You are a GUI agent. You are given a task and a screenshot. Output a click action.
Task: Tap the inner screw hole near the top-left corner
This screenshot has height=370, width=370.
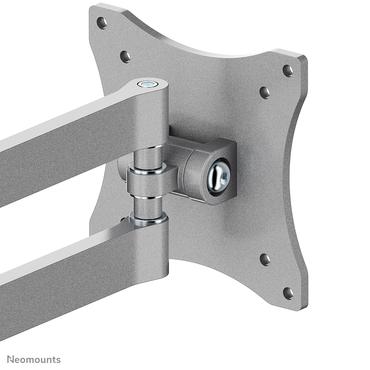pos(125,56)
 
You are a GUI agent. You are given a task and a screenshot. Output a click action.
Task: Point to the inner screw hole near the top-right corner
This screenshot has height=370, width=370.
pos(265,92)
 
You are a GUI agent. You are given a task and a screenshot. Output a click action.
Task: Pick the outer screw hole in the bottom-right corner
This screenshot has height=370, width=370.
pos(288,293)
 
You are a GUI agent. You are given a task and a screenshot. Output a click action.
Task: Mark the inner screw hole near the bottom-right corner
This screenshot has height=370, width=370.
pos(265,259)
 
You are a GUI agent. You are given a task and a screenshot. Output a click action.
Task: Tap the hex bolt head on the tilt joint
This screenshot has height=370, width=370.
pos(221,176)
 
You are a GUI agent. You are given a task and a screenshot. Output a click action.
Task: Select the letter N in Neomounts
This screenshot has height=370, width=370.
pos(8,358)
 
